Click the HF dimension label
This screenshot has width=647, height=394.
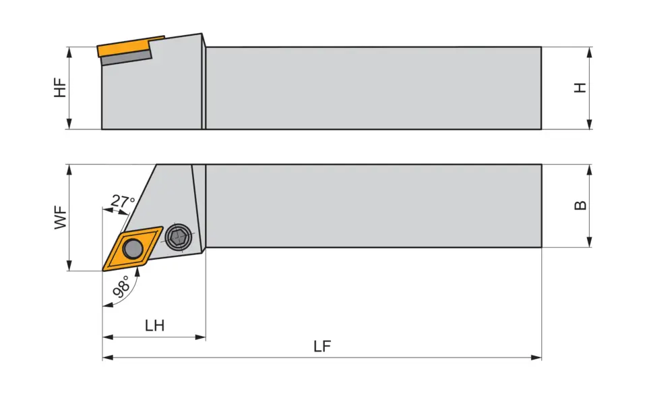tap(60, 88)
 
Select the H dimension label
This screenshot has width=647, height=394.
tap(580, 88)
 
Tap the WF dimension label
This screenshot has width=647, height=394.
tap(60, 217)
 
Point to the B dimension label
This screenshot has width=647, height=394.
tap(580, 205)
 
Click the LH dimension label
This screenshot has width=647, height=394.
tap(155, 326)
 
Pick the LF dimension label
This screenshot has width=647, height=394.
tap(322, 346)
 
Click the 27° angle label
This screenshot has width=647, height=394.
tap(123, 202)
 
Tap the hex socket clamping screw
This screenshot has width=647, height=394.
tap(178, 237)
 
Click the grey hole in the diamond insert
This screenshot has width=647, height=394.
tap(133, 249)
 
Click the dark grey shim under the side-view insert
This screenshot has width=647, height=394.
tap(126, 58)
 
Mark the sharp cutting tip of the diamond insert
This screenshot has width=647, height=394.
tap(102, 271)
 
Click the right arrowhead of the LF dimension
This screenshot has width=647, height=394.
tap(536, 358)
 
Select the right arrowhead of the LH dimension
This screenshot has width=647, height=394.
tap(201, 337)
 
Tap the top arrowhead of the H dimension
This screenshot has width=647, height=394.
tap(590, 52)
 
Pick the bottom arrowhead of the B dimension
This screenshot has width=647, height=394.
tap(590, 242)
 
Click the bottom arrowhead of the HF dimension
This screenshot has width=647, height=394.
tap(69, 124)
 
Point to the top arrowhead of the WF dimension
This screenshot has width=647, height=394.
tap(69, 170)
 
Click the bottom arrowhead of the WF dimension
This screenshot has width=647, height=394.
tap(69, 266)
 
